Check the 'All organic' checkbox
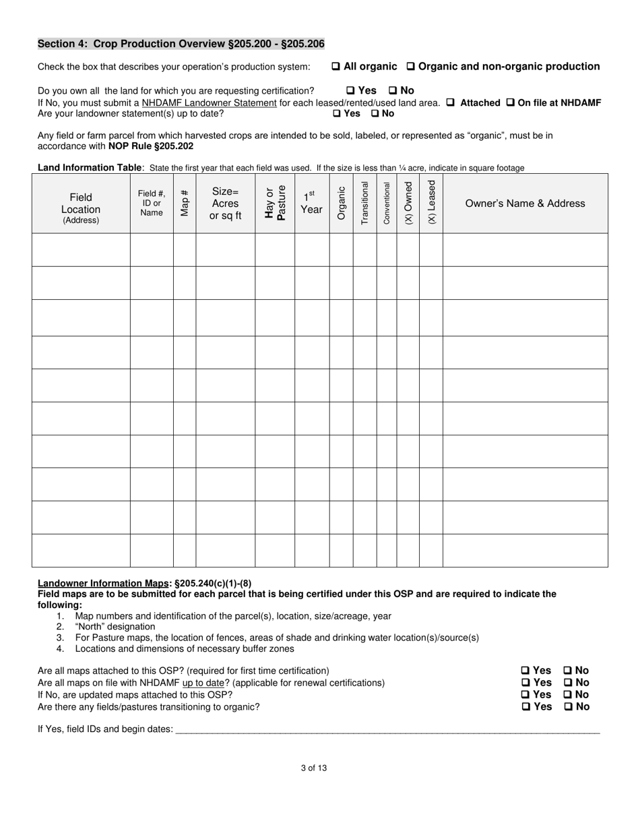[335, 67]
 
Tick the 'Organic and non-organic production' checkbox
[411, 67]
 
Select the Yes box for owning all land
[350, 90]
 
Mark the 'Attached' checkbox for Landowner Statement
[451, 103]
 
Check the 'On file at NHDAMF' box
[510, 103]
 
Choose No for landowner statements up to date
[375, 114]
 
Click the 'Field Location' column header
[81, 204]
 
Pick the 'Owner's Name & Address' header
[525, 204]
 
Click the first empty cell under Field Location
[81, 250]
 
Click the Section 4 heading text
[181, 44]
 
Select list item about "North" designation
[115, 627]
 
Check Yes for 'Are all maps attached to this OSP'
[525, 671]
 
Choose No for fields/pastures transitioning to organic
[567, 707]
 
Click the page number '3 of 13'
[314, 768]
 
